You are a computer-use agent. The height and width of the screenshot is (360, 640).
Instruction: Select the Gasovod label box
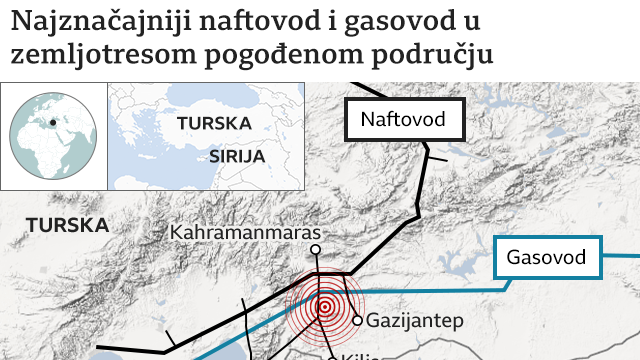(546, 257)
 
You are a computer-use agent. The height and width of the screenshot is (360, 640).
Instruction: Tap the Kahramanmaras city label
(244, 232)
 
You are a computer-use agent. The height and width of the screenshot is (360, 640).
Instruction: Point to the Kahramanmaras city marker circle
(315, 250)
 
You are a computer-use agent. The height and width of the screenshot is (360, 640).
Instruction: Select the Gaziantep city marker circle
(358, 321)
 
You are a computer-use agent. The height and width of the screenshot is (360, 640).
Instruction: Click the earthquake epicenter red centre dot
(324, 308)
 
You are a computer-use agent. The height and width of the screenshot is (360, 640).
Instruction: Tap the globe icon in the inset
(52, 134)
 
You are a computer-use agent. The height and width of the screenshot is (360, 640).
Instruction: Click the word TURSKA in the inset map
(212, 124)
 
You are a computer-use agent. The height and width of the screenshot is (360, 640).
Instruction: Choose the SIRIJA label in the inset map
(238, 157)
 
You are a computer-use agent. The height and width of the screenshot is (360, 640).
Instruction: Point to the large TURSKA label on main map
(68, 225)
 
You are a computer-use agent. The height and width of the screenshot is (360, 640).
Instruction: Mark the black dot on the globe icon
(53, 124)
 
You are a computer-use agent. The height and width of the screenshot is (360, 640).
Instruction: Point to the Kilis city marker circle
(333, 357)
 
